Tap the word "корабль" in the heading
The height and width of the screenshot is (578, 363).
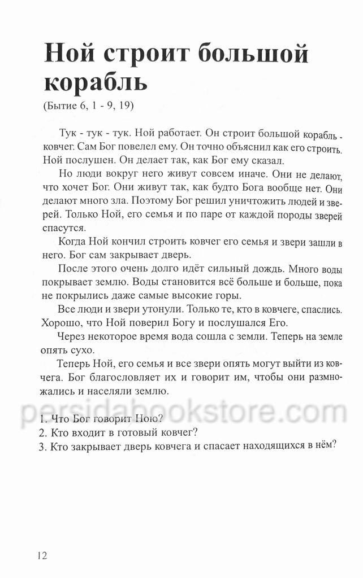96,82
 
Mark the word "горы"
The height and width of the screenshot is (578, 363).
226,296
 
